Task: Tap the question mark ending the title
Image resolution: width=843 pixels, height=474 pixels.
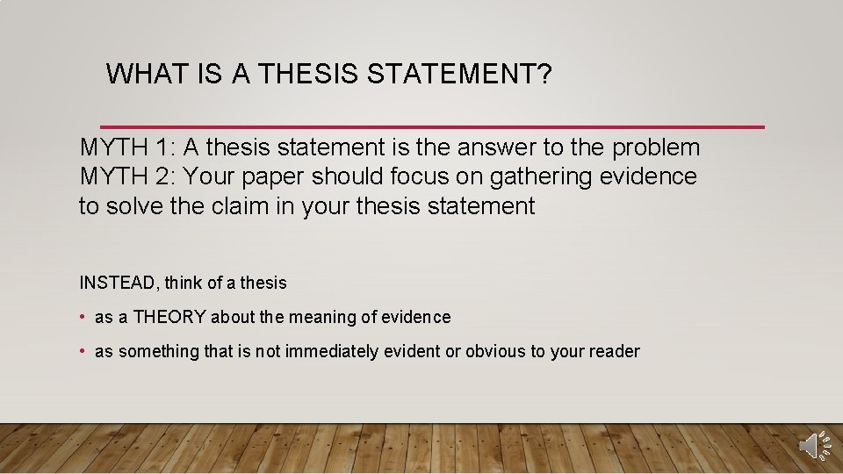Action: [x=544, y=75]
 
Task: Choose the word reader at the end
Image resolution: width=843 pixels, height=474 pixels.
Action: [x=616, y=351]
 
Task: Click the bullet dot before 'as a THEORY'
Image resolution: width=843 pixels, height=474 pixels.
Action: [x=82, y=317]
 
